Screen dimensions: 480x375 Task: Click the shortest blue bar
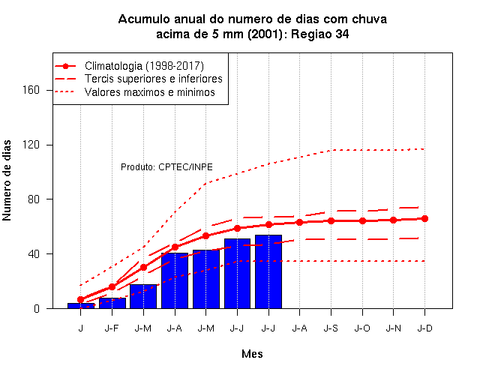tap(81, 305)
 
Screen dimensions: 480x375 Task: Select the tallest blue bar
tap(268, 271)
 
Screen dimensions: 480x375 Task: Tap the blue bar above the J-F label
tap(112, 303)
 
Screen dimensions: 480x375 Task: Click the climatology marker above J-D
tap(424, 218)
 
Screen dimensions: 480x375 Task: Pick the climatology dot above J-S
tap(331, 220)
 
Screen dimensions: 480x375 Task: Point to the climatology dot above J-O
tap(362, 220)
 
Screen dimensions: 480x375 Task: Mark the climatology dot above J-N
tap(393, 220)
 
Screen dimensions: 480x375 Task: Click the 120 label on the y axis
tap(31, 145)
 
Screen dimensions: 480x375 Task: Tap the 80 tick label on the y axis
tap(34, 199)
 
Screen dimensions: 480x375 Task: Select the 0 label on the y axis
tap(37, 308)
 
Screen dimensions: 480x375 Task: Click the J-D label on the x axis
tap(424, 328)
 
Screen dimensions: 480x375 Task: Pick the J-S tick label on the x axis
tap(331, 328)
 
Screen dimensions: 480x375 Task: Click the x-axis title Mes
tap(252, 354)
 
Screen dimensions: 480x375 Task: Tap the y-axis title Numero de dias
tap(7, 180)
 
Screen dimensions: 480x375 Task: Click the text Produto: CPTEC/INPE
tap(166, 167)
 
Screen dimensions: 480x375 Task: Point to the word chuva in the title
tap(370, 19)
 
